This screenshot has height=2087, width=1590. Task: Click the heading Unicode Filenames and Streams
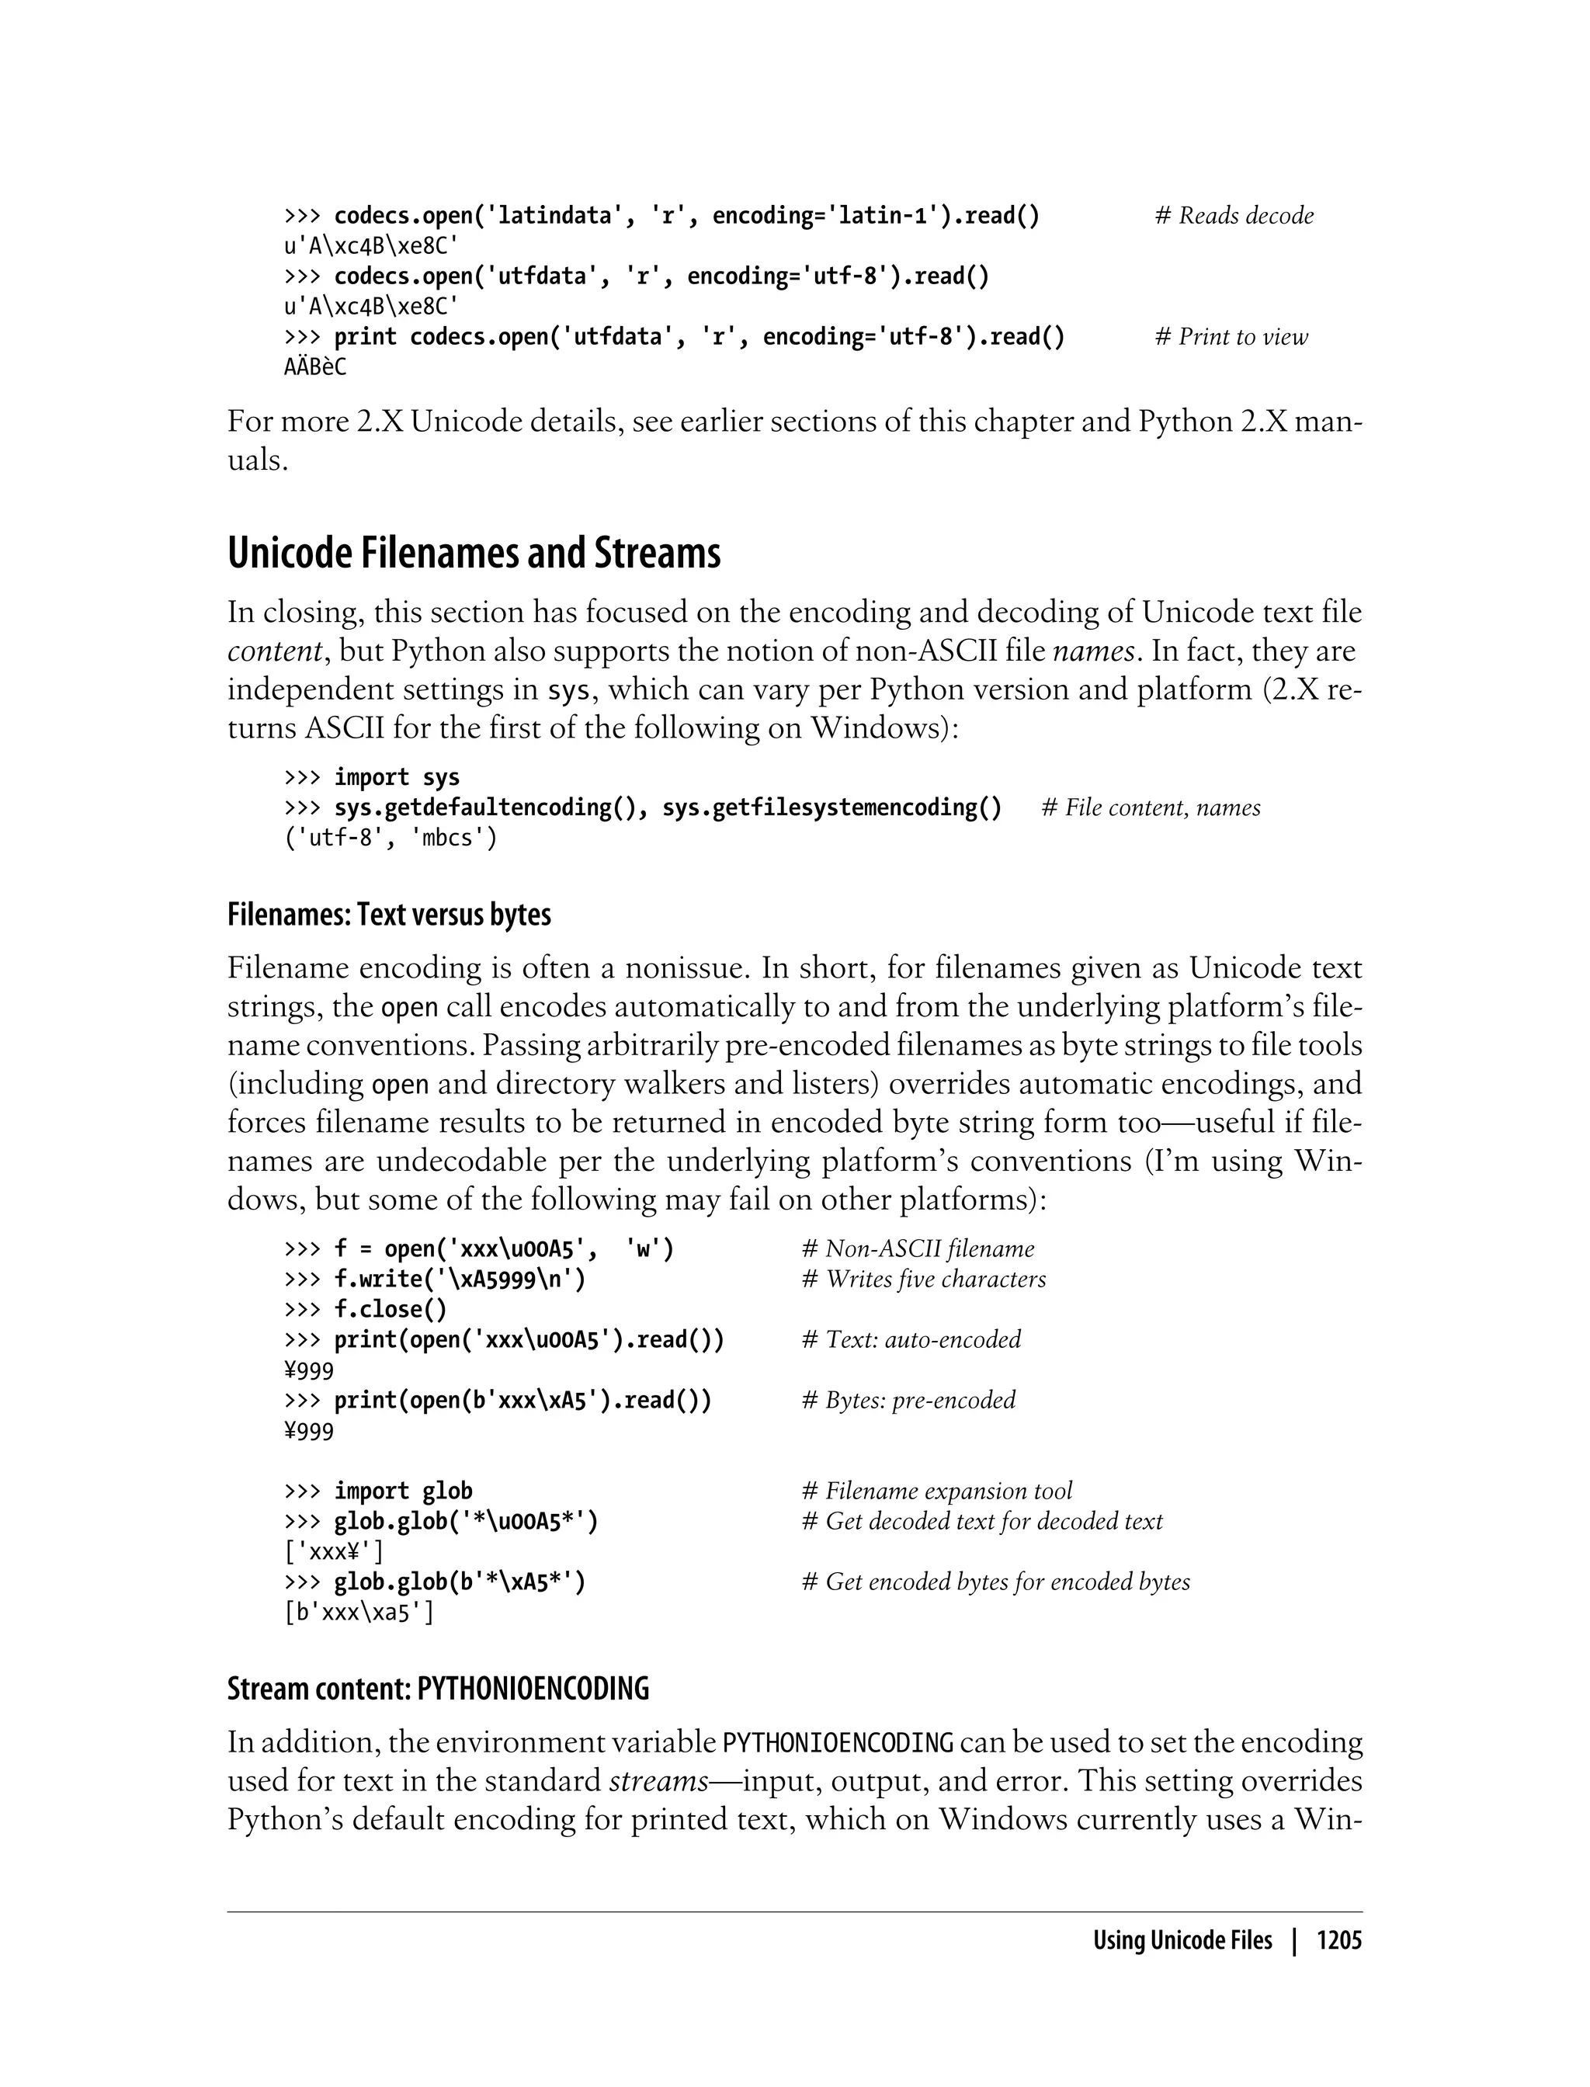tap(474, 554)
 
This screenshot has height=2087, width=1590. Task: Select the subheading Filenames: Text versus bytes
tap(389, 915)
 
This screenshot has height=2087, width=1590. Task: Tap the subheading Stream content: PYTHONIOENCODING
tap(438, 1689)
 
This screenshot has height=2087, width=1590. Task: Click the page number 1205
tap(1338, 1941)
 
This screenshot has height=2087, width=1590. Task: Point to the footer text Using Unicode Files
tap(1182, 1941)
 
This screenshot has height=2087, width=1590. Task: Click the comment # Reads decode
tap(1234, 216)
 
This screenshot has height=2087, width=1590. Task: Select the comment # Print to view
tap(1231, 337)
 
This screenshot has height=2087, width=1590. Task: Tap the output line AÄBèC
tap(315, 367)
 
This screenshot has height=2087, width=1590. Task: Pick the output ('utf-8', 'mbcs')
tap(391, 838)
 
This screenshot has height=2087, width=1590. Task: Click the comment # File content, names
tap(1151, 807)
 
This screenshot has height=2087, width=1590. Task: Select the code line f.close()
tap(390, 1309)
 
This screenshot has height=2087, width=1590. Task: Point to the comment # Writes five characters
tap(924, 1279)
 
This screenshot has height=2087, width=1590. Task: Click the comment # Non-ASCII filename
tap(918, 1248)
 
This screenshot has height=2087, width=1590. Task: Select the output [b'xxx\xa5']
tap(359, 1612)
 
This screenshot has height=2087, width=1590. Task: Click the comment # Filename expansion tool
tap(937, 1491)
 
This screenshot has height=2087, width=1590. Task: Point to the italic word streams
tap(658, 1781)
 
